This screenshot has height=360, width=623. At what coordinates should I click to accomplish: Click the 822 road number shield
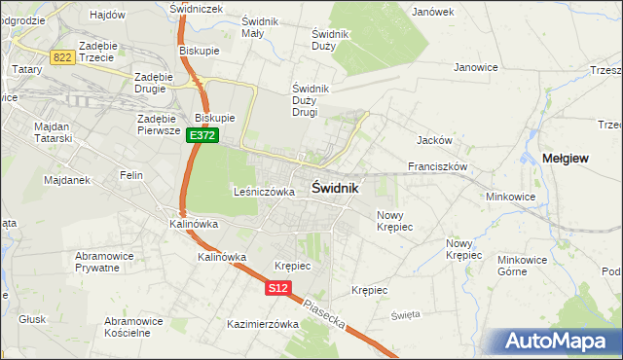(63, 58)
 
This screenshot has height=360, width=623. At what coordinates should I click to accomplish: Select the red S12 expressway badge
(278, 288)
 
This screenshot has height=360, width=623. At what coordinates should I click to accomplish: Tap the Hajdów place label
(106, 15)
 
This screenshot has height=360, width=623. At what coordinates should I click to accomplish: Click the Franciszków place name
(438, 166)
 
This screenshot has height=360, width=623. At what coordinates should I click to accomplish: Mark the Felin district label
(131, 175)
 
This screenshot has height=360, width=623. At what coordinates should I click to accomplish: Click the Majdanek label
(40, 180)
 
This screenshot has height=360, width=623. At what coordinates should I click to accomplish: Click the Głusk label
(33, 319)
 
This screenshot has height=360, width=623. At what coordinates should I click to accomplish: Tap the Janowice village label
(476, 67)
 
